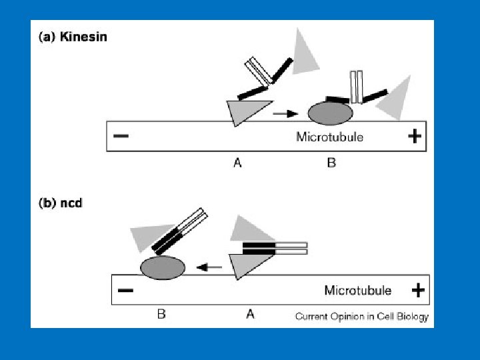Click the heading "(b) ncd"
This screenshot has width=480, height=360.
click(61, 203)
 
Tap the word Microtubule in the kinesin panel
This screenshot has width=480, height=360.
click(329, 137)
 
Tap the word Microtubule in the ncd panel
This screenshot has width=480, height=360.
click(357, 291)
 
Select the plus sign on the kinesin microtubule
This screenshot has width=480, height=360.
click(414, 137)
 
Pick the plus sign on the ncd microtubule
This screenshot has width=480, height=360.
click(418, 291)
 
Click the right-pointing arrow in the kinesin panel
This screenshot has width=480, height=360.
click(285, 115)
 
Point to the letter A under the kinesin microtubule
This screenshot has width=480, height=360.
click(238, 163)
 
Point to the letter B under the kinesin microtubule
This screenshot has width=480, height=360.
click(331, 163)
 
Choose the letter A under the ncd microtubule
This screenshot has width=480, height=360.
click(250, 315)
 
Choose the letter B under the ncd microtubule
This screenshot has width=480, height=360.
click(161, 315)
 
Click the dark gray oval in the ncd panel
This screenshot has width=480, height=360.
click(163, 267)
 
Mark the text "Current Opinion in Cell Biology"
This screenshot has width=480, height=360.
click(361, 317)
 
